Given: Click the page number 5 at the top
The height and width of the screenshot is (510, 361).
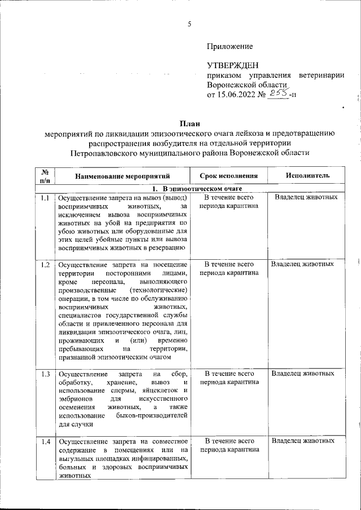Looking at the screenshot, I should (x=190, y=23).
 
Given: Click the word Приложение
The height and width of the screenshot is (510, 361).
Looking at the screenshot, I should (x=230, y=46).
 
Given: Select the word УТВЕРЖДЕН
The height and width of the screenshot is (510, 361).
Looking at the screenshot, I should (x=233, y=66).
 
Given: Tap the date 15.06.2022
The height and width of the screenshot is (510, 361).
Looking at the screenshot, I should (x=237, y=94).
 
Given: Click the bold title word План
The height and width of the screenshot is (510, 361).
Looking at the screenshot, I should (x=190, y=123).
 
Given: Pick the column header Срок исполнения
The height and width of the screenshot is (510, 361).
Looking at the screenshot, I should (x=229, y=176).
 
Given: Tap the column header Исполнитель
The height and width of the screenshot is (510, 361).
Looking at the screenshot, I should (x=307, y=176).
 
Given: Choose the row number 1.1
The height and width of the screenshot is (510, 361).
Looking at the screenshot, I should (x=45, y=198).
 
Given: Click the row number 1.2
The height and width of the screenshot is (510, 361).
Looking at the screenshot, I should (x=45, y=264).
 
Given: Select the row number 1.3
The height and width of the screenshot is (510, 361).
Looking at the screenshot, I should (x=45, y=374).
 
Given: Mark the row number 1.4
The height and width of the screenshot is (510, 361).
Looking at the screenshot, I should (x=45, y=441).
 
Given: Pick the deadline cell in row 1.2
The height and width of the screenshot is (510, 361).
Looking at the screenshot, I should (x=229, y=268).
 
